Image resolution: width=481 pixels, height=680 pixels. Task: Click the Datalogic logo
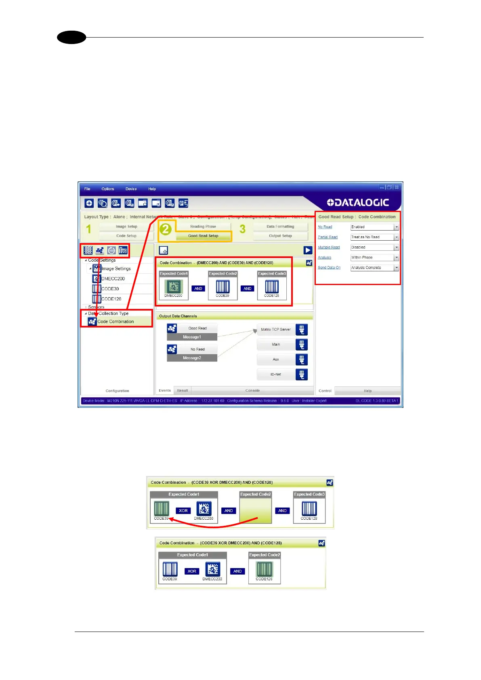357,203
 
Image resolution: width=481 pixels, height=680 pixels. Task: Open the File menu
87,189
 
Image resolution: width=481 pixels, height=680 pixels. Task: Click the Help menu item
152,189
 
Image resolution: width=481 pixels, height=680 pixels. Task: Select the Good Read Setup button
203,236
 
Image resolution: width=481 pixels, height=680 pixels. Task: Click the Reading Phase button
203,227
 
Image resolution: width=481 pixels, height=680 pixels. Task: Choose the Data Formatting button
280,227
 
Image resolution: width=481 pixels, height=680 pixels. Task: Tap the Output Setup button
280,236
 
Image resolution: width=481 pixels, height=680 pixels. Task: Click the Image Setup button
126,227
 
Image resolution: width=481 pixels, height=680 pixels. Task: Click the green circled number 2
166,229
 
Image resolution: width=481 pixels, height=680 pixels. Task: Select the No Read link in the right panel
325,227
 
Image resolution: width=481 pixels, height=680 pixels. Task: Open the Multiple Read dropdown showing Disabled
374,247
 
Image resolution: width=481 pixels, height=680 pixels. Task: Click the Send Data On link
329,268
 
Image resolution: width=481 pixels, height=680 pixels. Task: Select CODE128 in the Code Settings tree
111,299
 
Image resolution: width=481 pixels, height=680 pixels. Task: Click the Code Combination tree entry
116,321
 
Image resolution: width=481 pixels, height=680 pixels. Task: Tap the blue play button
308,250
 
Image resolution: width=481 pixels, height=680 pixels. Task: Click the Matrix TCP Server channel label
275,330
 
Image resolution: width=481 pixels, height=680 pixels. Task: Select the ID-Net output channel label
276,374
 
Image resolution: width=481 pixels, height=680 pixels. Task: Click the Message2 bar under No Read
192,358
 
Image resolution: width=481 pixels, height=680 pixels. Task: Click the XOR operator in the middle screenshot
183,511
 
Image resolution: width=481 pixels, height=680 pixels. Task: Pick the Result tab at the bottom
183,390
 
